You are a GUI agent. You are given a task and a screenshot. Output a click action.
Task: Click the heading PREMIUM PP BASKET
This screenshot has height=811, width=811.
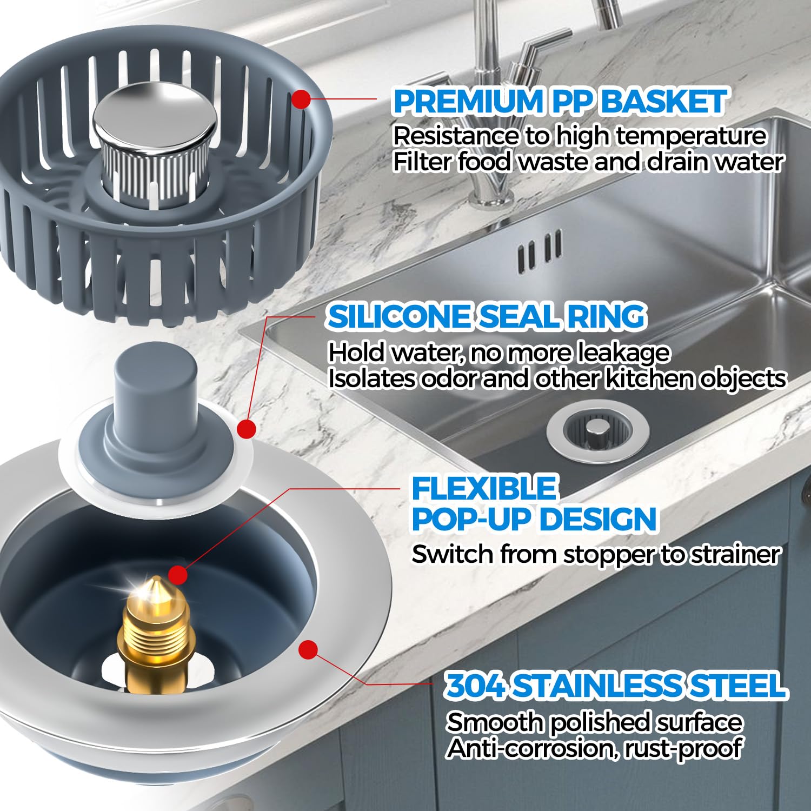tap(560, 102)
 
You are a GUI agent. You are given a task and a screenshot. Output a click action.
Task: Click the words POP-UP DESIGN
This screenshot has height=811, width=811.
tap(534, 520)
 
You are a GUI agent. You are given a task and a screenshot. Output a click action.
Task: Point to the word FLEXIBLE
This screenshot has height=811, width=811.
tap(484, 488)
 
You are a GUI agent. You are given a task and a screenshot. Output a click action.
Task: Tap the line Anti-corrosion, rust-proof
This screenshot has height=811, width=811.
tap(594, 749)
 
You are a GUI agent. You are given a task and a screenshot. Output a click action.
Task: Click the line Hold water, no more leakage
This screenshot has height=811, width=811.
tap(498, 353)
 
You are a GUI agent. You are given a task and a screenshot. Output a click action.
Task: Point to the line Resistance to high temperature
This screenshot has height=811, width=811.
tap(579, 136)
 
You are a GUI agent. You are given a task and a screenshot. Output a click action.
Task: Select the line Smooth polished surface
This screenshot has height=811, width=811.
tap(594, 722)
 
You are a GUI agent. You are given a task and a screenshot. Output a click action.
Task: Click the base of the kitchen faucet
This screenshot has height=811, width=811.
tap(489, 200)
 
